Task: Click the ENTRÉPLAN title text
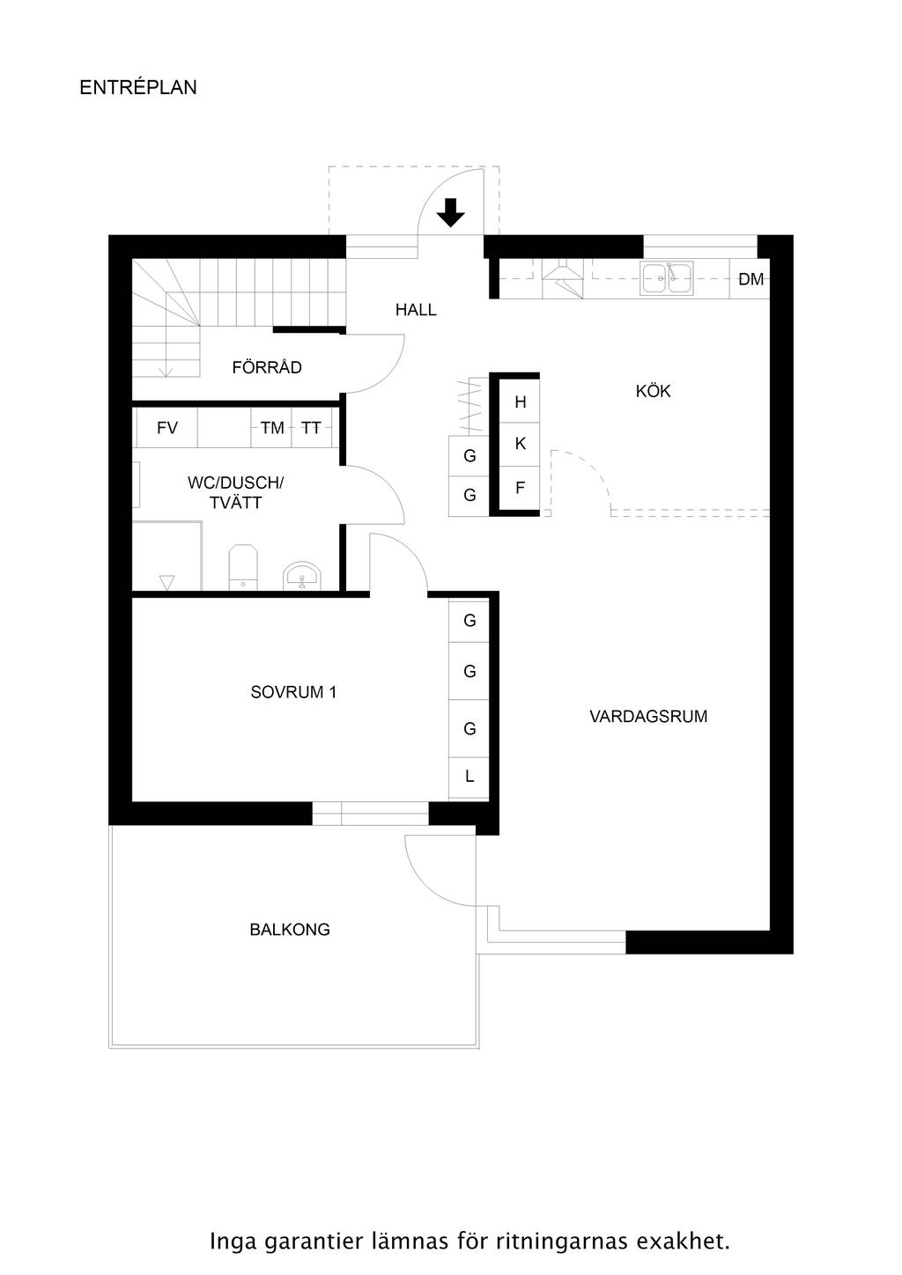pos(137,87)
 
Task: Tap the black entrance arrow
pos(450,212)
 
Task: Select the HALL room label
pos(416,310)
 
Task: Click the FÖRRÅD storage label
pos(267,367)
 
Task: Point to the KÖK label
pos(653,391)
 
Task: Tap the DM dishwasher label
pos(750,279)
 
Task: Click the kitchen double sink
pos(666,278)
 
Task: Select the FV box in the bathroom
pos(167,427)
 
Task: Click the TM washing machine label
pos(272,427)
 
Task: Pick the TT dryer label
pos(311,427)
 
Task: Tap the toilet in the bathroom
pos(243,567)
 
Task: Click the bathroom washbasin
pos(302,576)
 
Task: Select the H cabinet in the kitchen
pos(520,402)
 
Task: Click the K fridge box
pos(520,444)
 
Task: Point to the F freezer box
pos(520,488)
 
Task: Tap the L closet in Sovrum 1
pos(469,777)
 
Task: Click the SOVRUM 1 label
pos(293,692)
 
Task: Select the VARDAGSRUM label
pos(648,716)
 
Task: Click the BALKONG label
pos(289,930)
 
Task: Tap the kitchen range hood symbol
pos(562,279)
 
